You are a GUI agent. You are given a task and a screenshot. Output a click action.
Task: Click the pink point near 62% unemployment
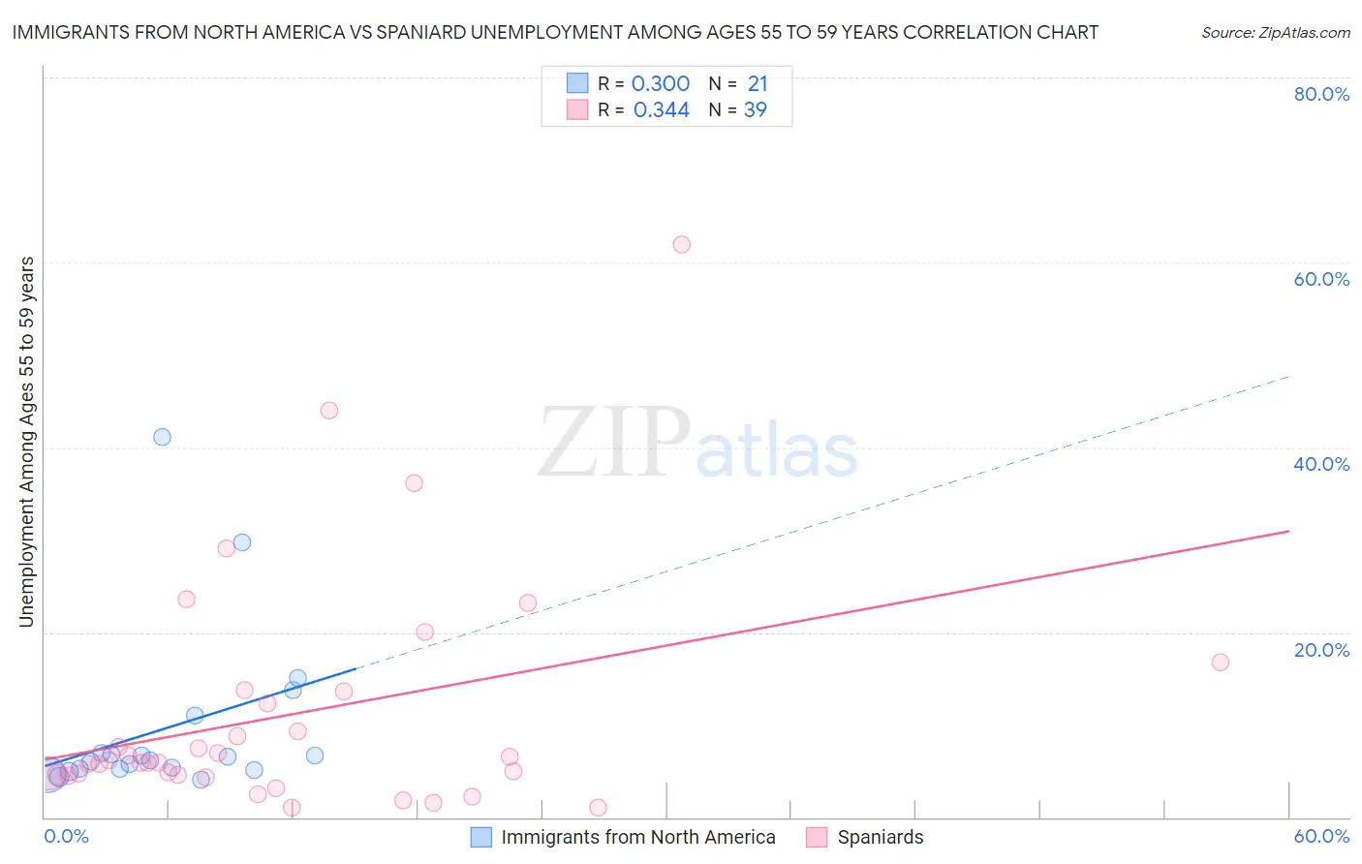point(681,245)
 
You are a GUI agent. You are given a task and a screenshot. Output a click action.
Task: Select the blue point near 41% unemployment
point(162,437)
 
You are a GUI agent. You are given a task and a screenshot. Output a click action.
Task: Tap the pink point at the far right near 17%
point(1220,663)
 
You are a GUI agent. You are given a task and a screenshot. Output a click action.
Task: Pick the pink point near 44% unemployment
point(328,411)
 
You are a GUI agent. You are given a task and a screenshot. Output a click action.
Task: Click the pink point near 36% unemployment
point(414,483)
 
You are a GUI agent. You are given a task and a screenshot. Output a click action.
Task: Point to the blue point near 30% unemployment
point(242,542)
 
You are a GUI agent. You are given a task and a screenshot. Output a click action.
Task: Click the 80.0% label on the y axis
point(1321,94)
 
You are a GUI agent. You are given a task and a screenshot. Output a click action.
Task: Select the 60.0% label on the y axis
point(1321,279)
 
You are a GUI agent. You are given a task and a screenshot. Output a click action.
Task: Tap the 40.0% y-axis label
point(1321,464)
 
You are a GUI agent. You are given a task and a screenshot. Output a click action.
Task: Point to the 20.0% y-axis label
point(1321,650)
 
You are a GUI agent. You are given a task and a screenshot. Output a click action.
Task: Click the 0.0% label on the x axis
point(66,836)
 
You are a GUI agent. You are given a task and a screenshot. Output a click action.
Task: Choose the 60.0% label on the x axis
point(1321,836)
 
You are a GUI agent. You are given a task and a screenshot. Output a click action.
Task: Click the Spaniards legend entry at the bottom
point(880,837)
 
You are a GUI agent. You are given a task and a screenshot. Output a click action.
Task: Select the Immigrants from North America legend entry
point(637,837)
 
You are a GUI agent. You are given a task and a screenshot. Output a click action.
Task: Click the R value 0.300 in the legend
point(661,84)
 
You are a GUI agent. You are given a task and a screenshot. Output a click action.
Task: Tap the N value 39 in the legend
point(756,110)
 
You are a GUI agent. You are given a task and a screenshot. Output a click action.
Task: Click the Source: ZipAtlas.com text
point(1275,33)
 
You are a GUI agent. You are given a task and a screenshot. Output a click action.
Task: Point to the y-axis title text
point(27,442)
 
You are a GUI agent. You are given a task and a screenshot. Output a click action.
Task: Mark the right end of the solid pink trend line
point(1288,531)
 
